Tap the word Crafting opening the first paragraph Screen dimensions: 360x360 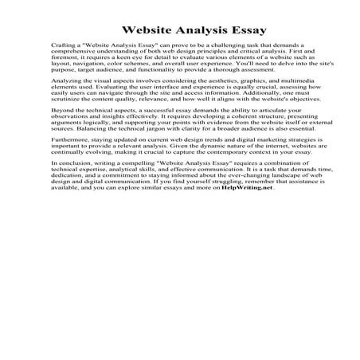click(63, 49)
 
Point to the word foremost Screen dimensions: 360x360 click(66, 64)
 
